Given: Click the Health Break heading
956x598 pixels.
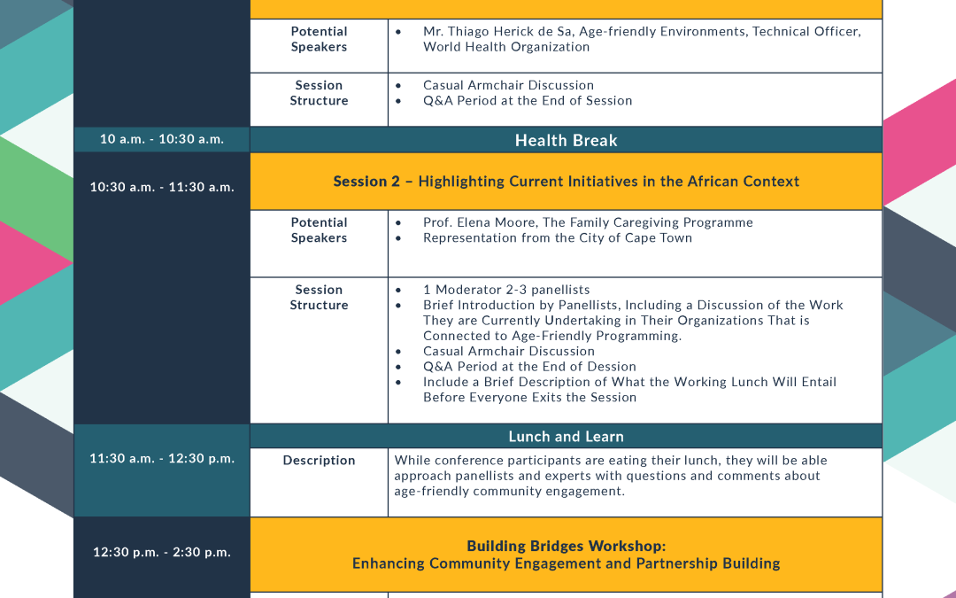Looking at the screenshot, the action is (566, 140).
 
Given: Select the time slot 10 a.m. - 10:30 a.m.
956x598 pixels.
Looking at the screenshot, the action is (162, 139).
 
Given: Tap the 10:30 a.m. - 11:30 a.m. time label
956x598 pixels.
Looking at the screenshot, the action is (162, 187).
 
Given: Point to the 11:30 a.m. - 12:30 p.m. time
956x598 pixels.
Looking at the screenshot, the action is (162, 458).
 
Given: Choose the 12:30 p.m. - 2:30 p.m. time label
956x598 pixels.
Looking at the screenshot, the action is (162, 552).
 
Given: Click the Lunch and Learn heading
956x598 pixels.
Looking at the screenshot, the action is (566, 436).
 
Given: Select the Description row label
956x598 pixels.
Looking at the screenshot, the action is (319, 460).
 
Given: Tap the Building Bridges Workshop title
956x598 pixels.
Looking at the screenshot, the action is (566, 546).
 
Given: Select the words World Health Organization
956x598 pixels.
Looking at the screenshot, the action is (506, 47).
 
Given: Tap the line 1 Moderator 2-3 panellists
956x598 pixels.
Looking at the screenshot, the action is (506, 290).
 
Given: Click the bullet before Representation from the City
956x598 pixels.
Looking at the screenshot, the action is (398, 238).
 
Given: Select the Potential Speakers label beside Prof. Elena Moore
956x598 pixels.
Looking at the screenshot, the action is (319, 230).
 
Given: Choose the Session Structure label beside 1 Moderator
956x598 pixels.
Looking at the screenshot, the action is (319, 297).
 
